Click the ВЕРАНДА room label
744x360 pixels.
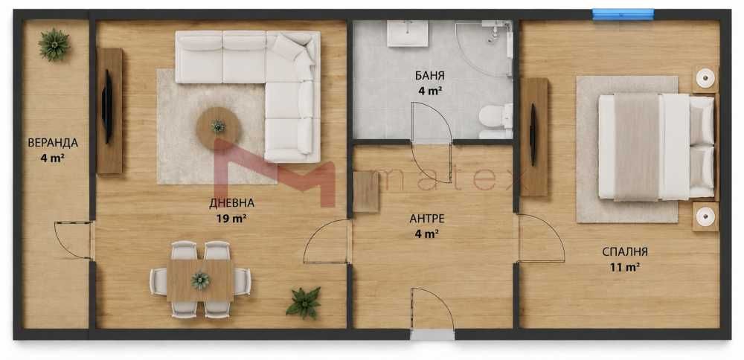pyautogui.click(x=53, y=143)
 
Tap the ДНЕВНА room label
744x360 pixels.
pyautogui.click(x=231, y=204)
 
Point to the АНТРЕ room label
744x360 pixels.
pyautogui.click(x=427, y=219)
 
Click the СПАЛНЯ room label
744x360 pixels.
pyautogui.click(x=625, y=252)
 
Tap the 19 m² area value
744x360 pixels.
pyautogui.click(x=231, y=219)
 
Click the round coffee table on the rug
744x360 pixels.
pyautogui.click(x=219, y=126)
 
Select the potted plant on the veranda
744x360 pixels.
pyautogui.click(x=54, y=45)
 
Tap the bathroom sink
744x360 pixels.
pyautogui.click(x=407, y=33)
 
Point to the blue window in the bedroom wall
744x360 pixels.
pyautogui.click(x=623, y=14)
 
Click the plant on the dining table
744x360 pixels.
pyautogui.click(x=201, y=280)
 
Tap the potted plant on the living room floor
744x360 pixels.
pyautogui.click(x=304, y=302)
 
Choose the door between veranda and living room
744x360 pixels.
pyautogui.click(x=74, y=240)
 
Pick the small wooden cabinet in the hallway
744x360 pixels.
pyautogui.click(x=366, y=192)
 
